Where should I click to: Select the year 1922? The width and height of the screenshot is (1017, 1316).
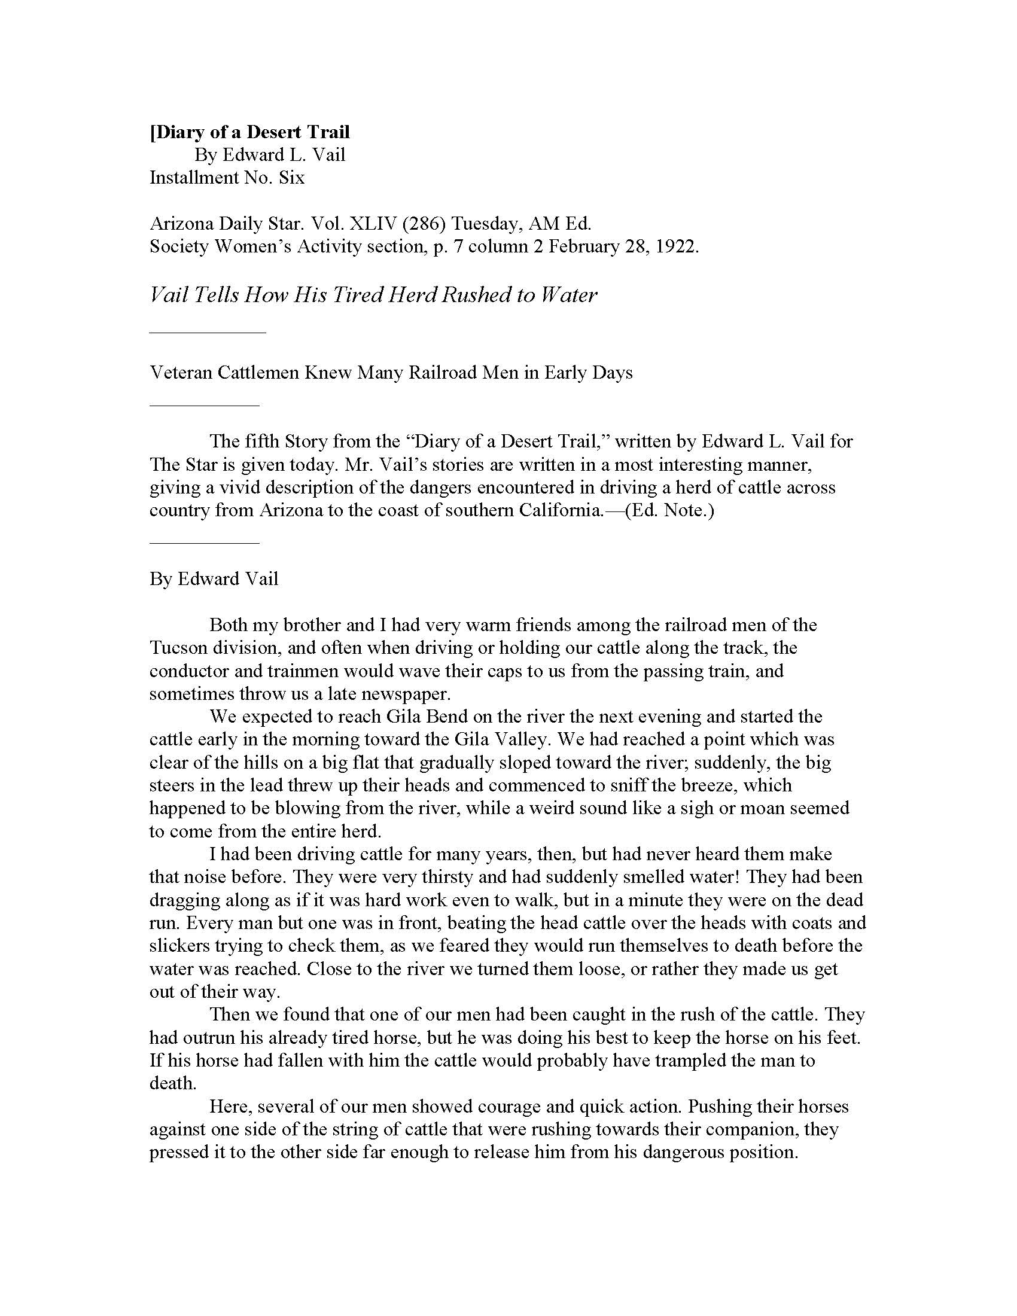(677, 246)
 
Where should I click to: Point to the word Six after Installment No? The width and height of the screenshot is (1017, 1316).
(291, 178)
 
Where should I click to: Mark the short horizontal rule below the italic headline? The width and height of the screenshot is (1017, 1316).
(207, 331)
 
